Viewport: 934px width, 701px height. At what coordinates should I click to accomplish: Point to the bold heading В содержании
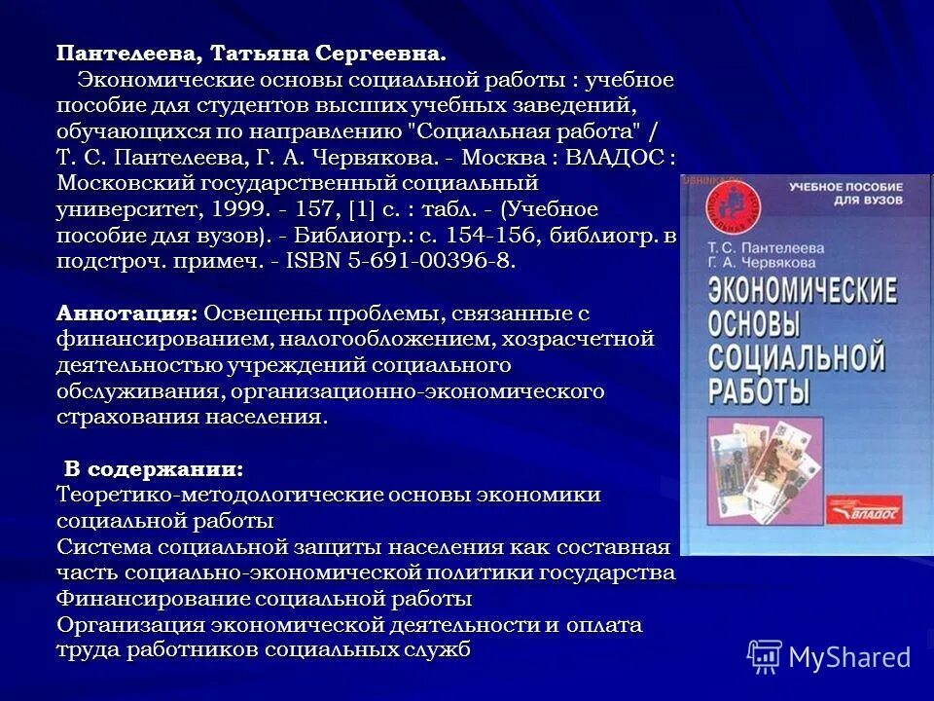[155, 469]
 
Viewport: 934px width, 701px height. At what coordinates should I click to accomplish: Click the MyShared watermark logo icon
[765, 656]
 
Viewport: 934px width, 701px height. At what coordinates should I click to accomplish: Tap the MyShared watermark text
[849, 657]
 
